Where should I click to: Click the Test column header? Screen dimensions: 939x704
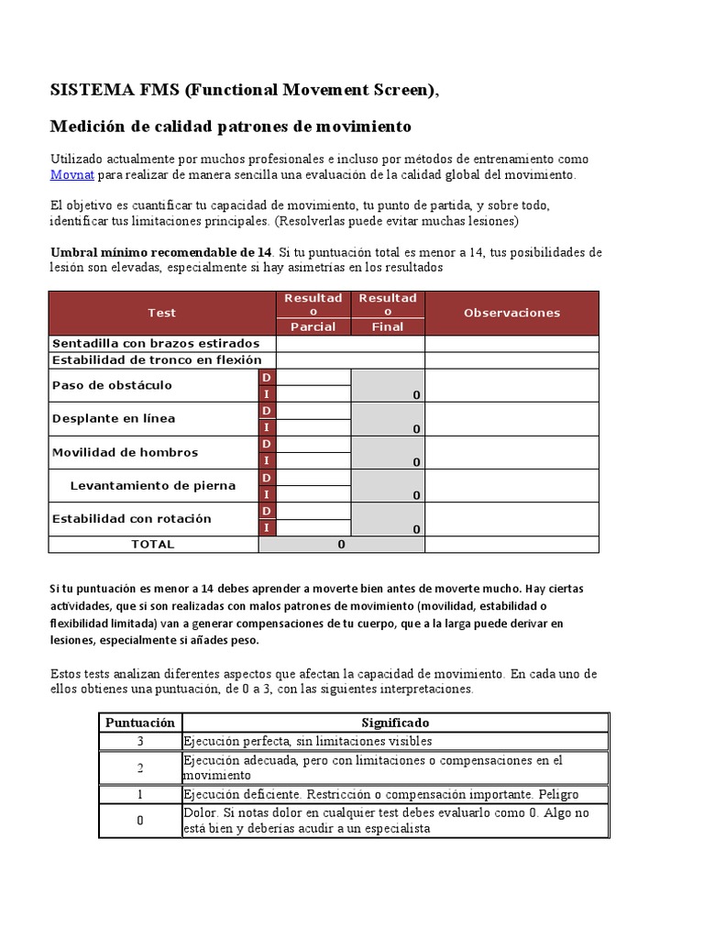pyautogui.click(x=161, y=313)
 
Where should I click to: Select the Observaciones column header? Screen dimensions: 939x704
pyautogui.click(x=511, y=313)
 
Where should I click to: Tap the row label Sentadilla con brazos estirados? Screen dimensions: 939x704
pyautogui.click(x=155, y=343)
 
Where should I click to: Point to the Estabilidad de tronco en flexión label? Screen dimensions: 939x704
pyautogui.click(x=157, y=360)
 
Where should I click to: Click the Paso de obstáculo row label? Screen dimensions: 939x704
pyautogui.click(x=112, y=385)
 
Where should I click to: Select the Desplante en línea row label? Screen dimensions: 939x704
pyautogui.click(x=114, y=419)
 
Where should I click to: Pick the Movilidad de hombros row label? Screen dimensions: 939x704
pyautogui.click(x=125, y=452)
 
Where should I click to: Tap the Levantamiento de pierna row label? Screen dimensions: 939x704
pyautogui.click(x=152, y=486)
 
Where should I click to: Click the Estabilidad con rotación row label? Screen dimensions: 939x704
pyautogui.click(x=131, y=519)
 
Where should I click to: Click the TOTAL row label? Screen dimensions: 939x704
pyautogui.click(x=153, y=544)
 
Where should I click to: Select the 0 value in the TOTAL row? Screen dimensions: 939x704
pyautogui.click(x=341, y=544)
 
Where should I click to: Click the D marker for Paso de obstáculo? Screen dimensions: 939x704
pyautogui.click(x=267, y=378)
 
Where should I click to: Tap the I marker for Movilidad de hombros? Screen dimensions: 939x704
pyautogui.click(x=267, y=460)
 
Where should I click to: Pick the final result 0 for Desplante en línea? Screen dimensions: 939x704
pyautogui.click(x=416, y=428)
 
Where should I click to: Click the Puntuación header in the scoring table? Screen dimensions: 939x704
pyautogui.click(x=139, y=723)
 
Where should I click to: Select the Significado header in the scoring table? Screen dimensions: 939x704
pyautogui.click(x=395, y=723)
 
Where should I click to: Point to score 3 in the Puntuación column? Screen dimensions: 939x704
pyautogui.click(x=139, y=741)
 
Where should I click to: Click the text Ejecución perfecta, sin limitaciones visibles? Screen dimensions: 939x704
pyautogui.click(x=307, y=741)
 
